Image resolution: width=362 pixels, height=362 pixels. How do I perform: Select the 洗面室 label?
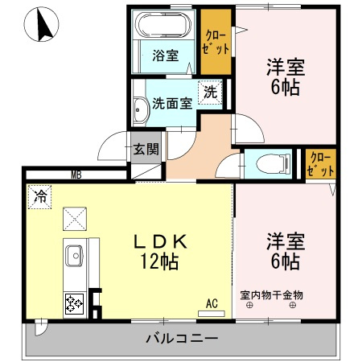(171, 103)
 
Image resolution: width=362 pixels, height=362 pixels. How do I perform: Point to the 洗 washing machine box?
(210, 92)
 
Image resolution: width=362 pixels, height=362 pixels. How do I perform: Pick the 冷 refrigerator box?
(39, 195)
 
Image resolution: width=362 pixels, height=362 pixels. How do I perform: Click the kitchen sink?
(74, 259)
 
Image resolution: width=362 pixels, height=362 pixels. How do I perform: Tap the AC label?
(212, 303)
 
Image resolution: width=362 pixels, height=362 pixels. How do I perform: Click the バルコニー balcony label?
(182, 338)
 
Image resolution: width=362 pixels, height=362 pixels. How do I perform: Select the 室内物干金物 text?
(271, 294)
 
